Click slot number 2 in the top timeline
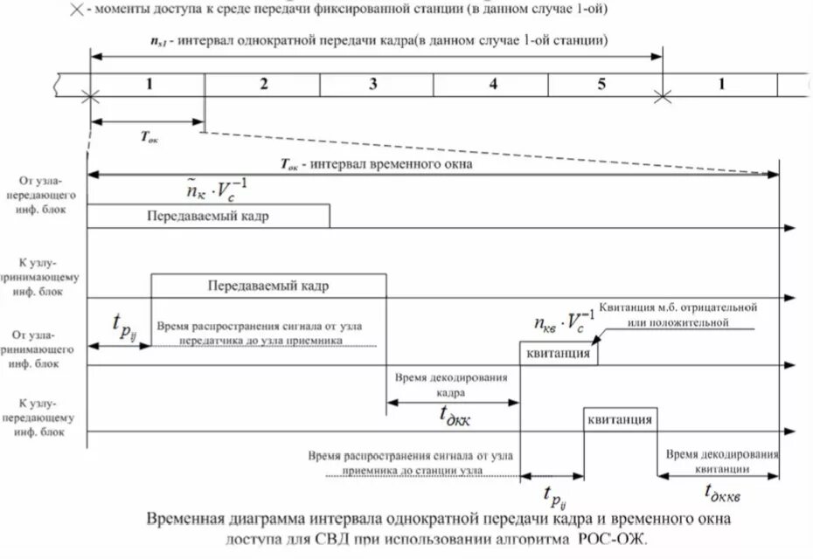tap(262, 85)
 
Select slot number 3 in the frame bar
tap(373, 85)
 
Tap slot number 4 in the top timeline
tap(492, 85)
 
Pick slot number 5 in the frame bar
tap(601, 85)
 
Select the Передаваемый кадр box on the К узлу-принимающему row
tap(268, 286)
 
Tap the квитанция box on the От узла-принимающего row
tap(559, 355)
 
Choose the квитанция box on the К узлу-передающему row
tap(621, 419)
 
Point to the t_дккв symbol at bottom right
tap(722, 493)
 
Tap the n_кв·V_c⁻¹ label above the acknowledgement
tap(565, 320)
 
